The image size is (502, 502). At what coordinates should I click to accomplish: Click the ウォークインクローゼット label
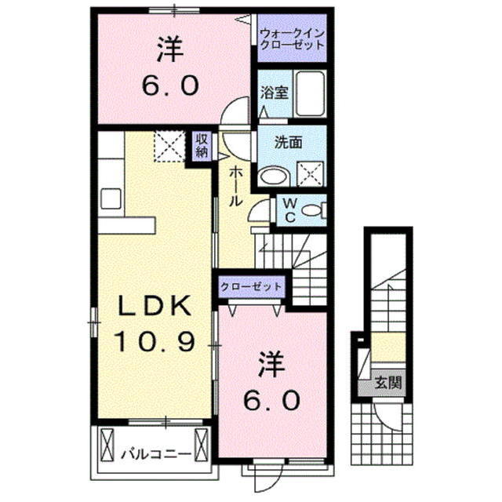pyautogui.click(x=292, y=39)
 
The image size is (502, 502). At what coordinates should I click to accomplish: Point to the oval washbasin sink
pyautogui.click(x=272, y=176)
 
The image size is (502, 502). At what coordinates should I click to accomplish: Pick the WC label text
pyautogui.click(x=289, y=209)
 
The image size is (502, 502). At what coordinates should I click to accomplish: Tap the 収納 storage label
pyautogui.click(x=202, y=146)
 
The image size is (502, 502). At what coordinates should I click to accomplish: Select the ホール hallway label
pyautogui.click(x=234, y=187)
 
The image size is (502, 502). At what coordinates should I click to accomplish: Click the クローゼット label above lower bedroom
pyautogui.click(x=251, y=286)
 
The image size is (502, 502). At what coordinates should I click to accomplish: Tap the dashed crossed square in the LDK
pyautogui.click(x=167, y=147)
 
